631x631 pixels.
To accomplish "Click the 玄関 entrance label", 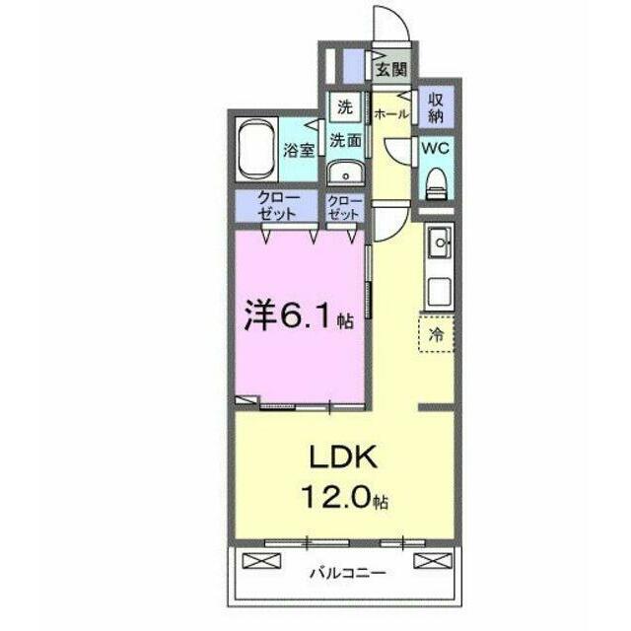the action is tap(391, 70).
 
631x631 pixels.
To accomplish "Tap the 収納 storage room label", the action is tap(436, 107).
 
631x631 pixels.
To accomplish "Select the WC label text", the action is tap(435, 148).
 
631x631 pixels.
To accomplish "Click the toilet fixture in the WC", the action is tap(436, 183).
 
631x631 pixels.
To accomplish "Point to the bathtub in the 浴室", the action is tap(256, 149).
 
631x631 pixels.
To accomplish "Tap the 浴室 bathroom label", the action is tap(299, 150).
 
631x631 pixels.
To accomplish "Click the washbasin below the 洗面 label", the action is tap(345, 174).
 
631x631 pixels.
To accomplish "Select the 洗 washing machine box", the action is tap(345, 107).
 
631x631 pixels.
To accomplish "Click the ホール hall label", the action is tap(390, 114).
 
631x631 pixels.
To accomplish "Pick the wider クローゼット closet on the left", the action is tap(277, 206).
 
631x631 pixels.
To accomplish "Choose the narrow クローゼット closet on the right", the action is tap(344, 207).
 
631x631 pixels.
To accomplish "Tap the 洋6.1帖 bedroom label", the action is tap(299, 315).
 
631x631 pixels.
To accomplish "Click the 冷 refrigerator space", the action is tap(436, 334).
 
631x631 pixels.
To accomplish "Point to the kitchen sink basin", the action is tap(439, 242).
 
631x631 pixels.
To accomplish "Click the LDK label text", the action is tap(343, 456).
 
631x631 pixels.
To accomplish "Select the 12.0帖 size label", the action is tap(344, 497).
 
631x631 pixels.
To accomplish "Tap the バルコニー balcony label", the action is tap(347, 573).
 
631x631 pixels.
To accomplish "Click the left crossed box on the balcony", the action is tap(261, 561).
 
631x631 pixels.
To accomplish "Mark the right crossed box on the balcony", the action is tap(433, 561).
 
